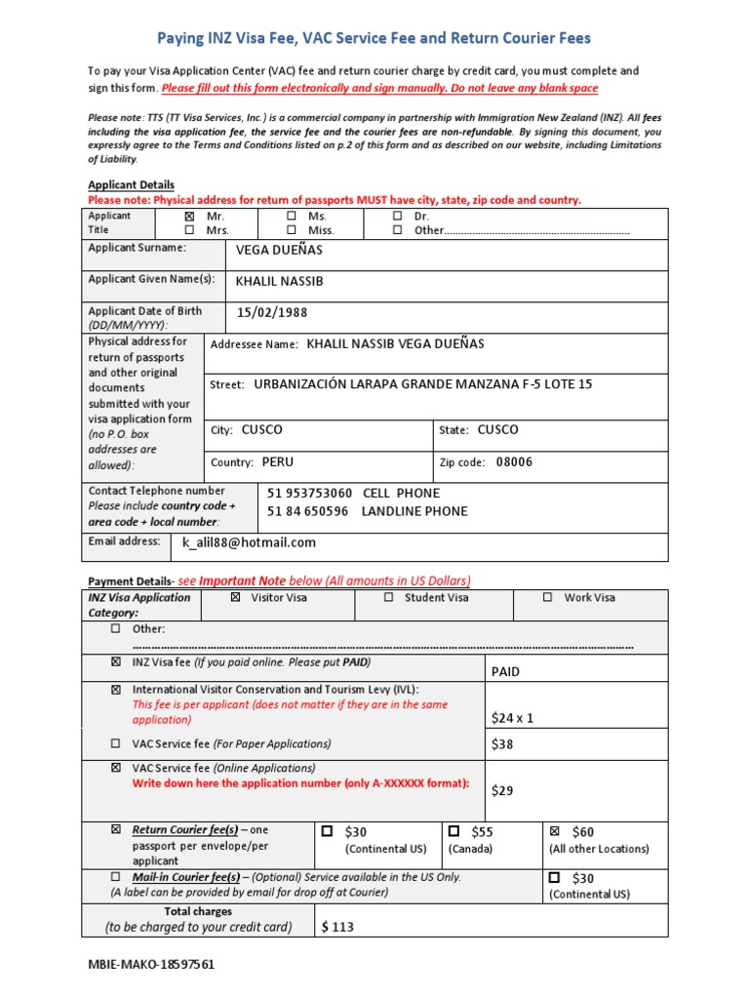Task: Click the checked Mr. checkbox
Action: coord(189,216)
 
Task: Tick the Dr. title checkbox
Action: coord(397,216)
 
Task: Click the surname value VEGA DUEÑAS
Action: coord(279,250)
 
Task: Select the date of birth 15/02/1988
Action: coord(272,313)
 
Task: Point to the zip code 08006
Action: coord(514,462)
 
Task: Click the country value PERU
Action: coord(277,462)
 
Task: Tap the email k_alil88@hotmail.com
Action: coord(249,542)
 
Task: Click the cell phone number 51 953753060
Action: coord(310,494)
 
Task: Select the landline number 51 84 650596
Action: coord(307,511)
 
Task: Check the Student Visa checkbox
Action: coord(388,597)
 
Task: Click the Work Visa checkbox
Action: coord(547,597)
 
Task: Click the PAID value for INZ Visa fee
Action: coord(506,672)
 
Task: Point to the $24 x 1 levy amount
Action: coord(513,718)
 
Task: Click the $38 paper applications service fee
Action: coord(502,744)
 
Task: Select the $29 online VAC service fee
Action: coord(502,790)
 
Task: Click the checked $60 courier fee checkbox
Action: coord(555,832)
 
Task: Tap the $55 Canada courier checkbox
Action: coord(453,832)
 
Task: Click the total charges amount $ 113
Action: coord(337,927)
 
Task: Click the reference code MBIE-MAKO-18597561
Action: coord(151,965)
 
